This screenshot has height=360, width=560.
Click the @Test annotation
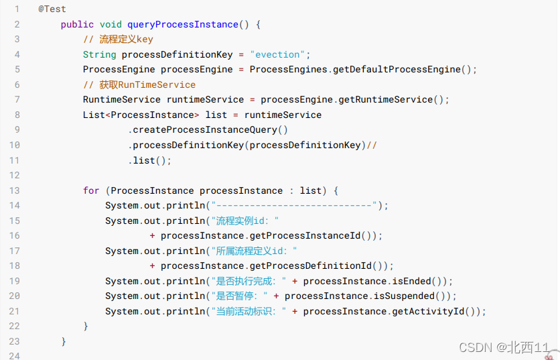pyautogui.click(x=52, y=9)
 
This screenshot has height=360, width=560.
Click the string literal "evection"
pyautogui.click(x=279, y=54)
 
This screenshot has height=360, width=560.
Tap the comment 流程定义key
pyautogui.click(x=118, y=40)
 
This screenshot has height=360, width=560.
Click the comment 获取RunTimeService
pyautogui.click(x=139, y=84)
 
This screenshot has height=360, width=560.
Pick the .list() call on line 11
pyautogui.click(x=151, y=160)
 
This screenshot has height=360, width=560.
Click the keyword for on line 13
pyautogui.click(x=91, y=190)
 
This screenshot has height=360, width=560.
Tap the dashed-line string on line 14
pyautogui.click(x=295, y=206)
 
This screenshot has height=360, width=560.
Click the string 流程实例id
pyautogui.click(x=244, y=221)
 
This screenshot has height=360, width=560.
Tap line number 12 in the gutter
pyautogui.click(x=15, y=175)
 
